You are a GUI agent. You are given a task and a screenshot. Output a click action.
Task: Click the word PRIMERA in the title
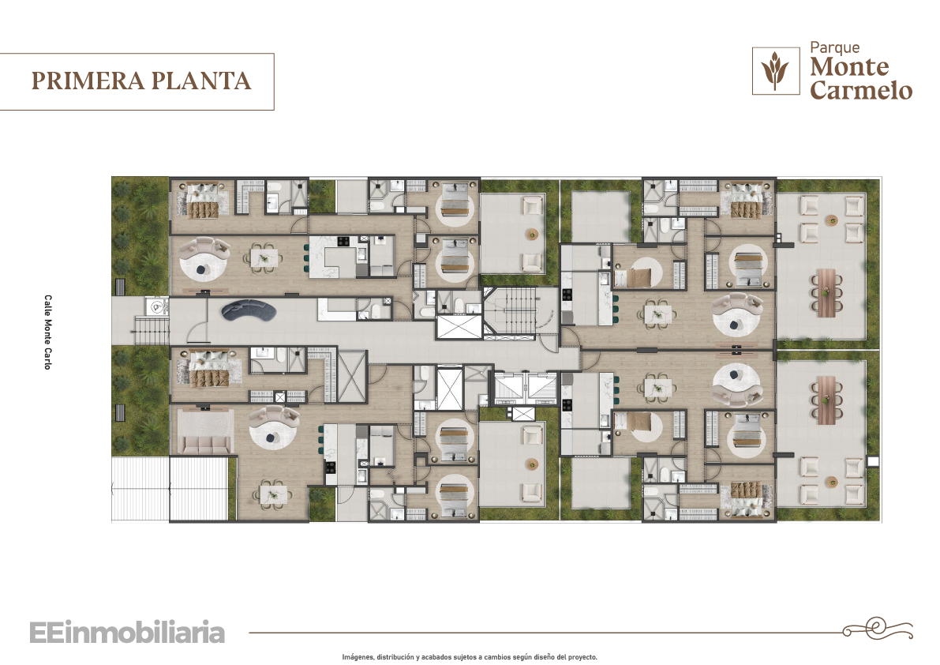88,81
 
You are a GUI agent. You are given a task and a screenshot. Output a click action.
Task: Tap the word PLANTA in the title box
200,81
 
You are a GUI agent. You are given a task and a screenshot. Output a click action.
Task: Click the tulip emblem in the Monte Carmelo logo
775,71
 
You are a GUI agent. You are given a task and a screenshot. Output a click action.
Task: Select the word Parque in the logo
834,48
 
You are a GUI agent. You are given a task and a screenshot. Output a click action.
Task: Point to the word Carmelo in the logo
861,90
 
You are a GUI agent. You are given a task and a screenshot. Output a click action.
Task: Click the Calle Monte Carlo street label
47,332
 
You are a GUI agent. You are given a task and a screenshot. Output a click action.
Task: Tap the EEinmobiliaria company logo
127,633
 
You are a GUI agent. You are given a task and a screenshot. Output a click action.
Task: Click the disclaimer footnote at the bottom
470,657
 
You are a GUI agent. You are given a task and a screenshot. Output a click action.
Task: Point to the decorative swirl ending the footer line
878,629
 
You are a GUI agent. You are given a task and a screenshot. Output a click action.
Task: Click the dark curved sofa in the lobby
248,310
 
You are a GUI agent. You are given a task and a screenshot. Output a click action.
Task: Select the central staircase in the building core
510,311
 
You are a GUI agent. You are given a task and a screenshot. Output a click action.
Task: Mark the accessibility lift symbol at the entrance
156,307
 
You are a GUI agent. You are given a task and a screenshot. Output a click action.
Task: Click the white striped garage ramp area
170,489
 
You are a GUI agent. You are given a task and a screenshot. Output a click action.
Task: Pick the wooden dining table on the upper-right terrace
826,291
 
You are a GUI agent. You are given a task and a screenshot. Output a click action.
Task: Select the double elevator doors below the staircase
525,385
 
